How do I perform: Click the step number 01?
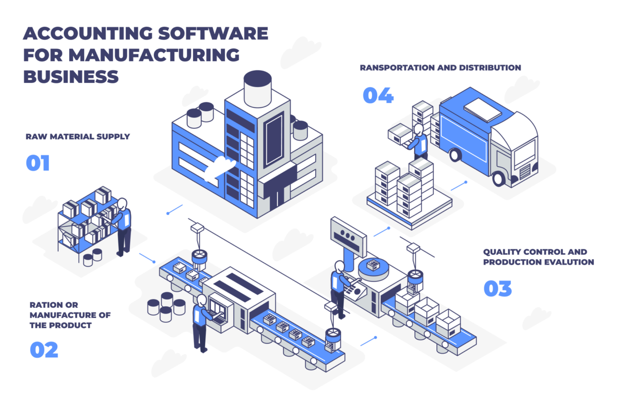click(x=38, y=163)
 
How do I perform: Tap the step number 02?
click(x=44, y=350)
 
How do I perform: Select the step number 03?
click(x=497, y=288)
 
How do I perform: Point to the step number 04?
click(x=378, y=95)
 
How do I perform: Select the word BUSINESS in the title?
click(x=71, y=76)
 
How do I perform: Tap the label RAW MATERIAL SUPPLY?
click(x=77, y=137)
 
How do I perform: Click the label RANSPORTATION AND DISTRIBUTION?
click(x=440, y=68)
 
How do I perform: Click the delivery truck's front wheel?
click(x=499, y=178)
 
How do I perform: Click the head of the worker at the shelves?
click(x=122, y=203)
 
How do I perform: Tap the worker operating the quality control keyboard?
click(x=338, y=286)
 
